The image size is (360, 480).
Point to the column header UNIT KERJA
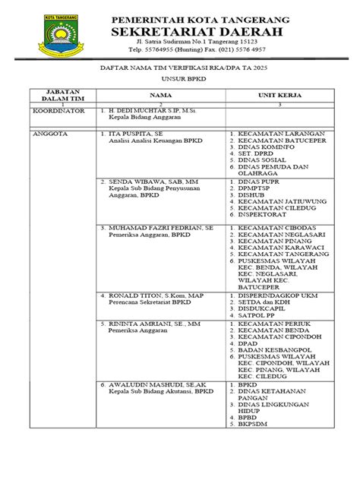[278, 96]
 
